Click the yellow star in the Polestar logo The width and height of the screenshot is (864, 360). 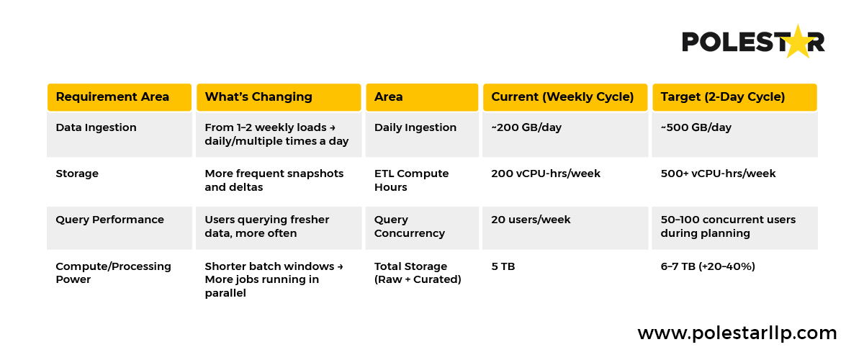click(798, 42)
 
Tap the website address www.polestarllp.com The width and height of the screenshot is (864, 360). click(737, 333)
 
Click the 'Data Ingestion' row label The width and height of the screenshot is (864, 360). click(96, 127)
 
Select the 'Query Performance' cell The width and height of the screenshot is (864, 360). click(110, 220)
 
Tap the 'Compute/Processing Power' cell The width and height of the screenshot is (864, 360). click(114, 273)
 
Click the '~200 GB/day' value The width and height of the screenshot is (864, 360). click(526, 127)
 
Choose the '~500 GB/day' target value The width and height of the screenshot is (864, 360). click(696, 127)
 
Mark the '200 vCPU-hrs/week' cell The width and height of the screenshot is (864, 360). click(546, 174)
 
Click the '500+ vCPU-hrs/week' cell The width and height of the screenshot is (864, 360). click(719, 174)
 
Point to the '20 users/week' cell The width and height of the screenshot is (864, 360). click(531, 220)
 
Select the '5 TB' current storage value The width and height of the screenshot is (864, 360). click(503, 266)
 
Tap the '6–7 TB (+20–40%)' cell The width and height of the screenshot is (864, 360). click(708, 266)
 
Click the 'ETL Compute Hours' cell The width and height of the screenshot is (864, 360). click(412, 180)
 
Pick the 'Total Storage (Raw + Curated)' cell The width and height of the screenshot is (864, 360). click(418, 273)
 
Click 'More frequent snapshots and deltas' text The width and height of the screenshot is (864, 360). click(274, 180)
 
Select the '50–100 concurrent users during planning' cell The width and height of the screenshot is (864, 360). click(728, 226)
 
